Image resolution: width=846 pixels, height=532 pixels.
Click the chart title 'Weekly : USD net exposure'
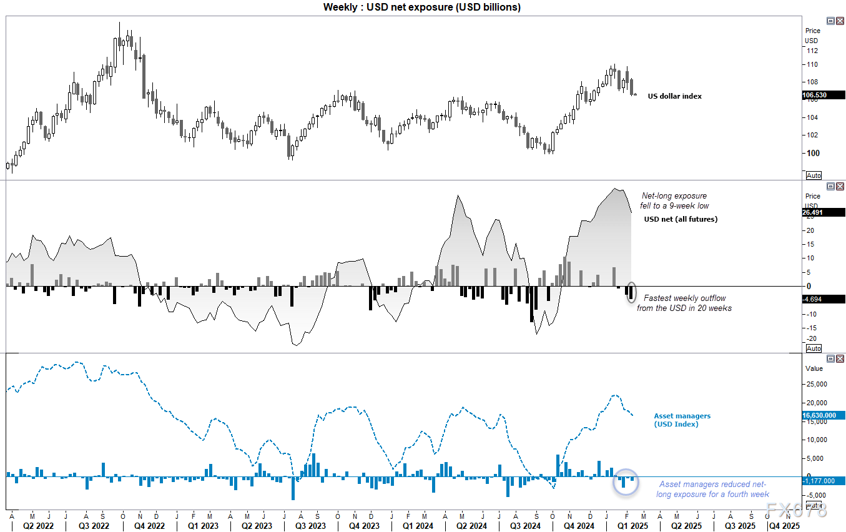pyautogui.click(x=422, y=7)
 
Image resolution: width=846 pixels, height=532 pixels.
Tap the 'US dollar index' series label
pyautogui.click(x=674, y=96)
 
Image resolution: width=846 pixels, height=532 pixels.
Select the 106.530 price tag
pyautogui.click(x=823, y=95)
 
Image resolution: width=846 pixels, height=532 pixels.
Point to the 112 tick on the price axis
pyautogui.click(x=812, y=51)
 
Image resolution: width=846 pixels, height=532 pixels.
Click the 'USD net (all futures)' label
pyautogui.click(x=681, y=219)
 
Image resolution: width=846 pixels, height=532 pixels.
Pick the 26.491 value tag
pyautogui.click(x=823, y=212)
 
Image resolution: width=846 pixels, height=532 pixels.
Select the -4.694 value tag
pyautogui.click(x=823, y=299)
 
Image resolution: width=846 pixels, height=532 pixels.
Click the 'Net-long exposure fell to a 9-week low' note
pyautogui.click(x=675, y=200)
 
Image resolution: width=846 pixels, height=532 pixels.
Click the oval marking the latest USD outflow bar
pyautogui.click(x=631, y=293)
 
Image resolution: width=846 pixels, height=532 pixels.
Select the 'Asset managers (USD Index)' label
pyautogui.click(x=682, y=420)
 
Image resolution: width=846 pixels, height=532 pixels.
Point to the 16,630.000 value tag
pyautogui.click(x=823, y=415)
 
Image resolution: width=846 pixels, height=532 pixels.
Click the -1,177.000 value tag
pyautogui.click(x=823, y=481)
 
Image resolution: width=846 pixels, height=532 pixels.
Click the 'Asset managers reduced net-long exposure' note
pyautogui.click(x=712, y=489)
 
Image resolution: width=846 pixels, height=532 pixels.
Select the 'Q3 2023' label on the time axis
pyautogui.click(x=310, y=526)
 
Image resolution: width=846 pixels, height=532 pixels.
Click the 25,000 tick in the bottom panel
pyautogui.click(x=817, y=384)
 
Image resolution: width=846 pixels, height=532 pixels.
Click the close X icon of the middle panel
pyautogui.click(x=840, y=187)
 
